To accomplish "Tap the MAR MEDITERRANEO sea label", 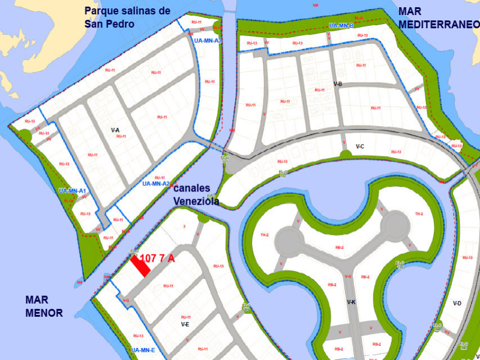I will point(439,17).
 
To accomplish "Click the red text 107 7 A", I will point(157,259).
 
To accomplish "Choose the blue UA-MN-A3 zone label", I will point(208,40).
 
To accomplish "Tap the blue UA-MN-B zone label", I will point(341,26).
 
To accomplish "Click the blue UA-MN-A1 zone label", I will point(73,191).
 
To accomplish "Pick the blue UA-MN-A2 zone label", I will point(156,184).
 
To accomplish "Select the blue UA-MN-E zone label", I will point(143,350).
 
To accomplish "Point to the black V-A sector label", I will point(115,130).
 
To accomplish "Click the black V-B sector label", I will point(337,84).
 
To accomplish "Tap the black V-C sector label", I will point(360,146).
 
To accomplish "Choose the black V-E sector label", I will point(185,324).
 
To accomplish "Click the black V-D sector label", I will point(457,304).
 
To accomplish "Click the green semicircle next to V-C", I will point(345,155).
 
